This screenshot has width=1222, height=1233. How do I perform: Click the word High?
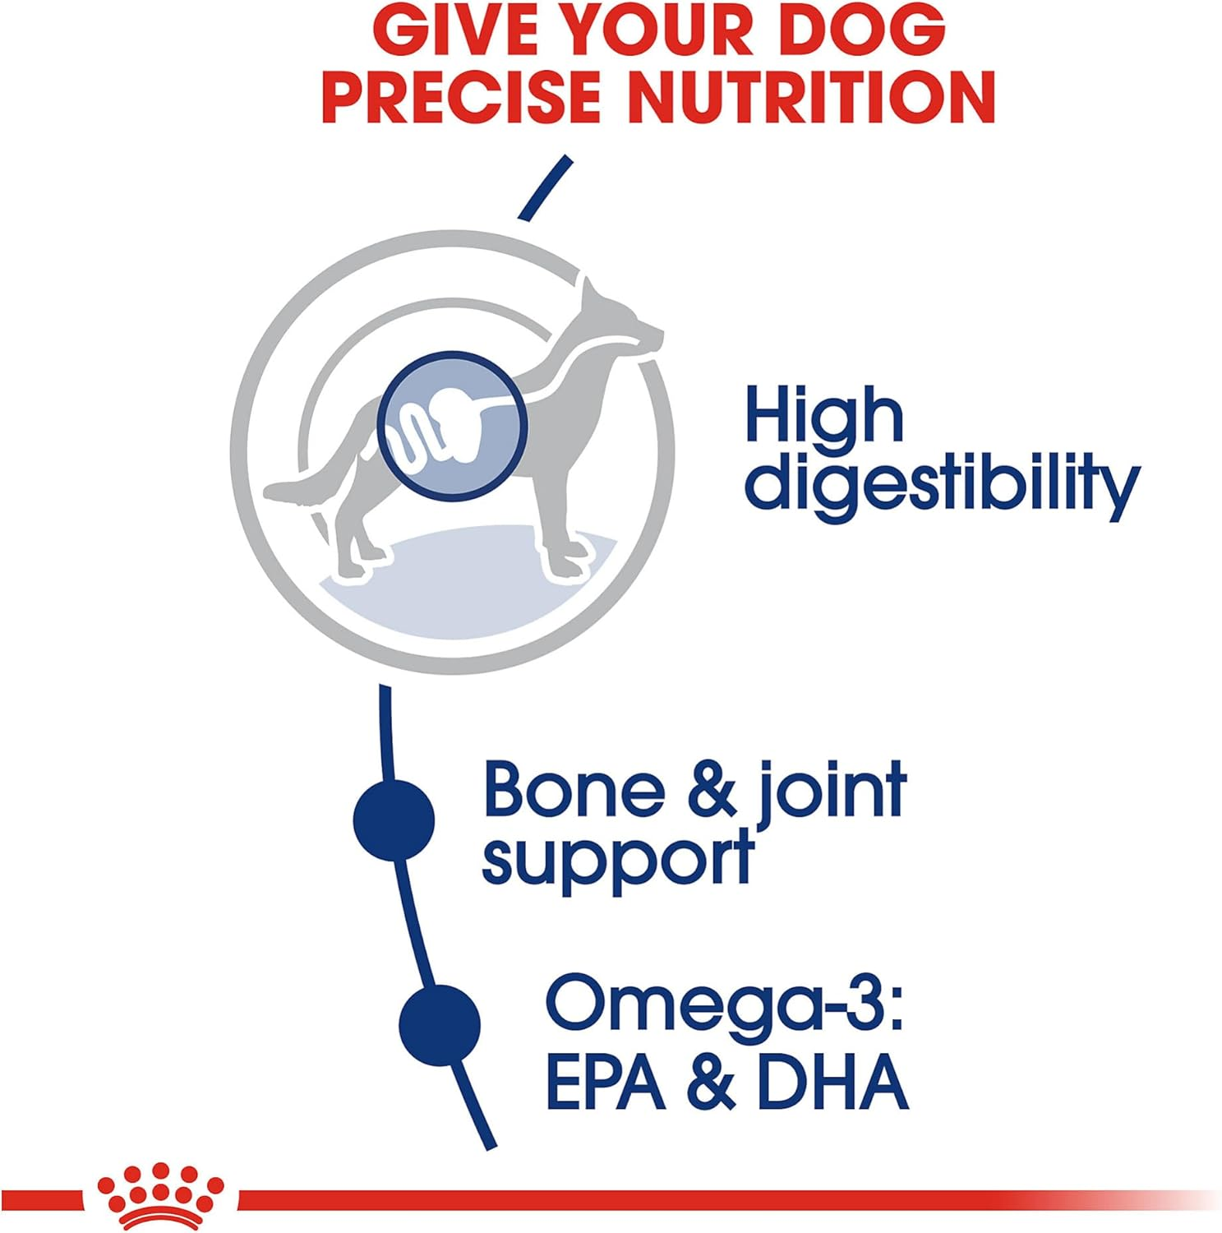[x=824, y=417]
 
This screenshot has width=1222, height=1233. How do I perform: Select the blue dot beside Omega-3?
[x=440, y=1025]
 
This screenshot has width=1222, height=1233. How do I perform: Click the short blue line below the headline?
[x=545, y=187]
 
